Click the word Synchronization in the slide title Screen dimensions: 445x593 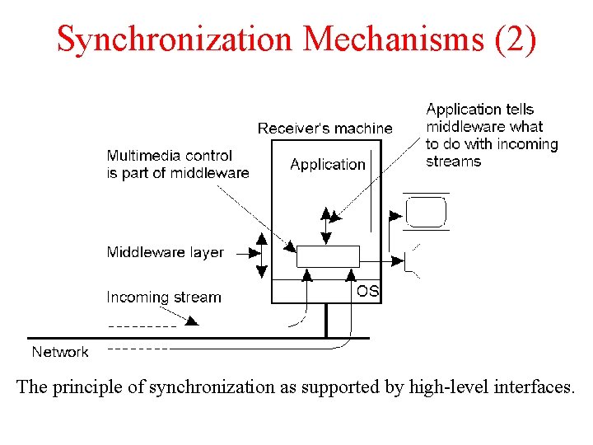click(174, 39)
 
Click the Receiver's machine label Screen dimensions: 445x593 click(325, 129)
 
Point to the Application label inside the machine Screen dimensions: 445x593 click(327, 164)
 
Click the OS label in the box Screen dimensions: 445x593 click(367, 291)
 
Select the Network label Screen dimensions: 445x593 click(60, 352)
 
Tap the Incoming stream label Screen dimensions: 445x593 click(164, 297)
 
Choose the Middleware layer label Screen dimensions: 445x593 click(165, 252)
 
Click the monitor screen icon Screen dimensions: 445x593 click(426, 212)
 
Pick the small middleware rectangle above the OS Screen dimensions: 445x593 click(327, 255)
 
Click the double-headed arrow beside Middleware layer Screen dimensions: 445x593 click(261, 255)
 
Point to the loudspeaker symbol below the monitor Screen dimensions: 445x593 click(409, 260)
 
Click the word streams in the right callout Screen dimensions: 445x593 click(454, 162)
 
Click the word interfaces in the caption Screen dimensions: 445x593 click(531, 386)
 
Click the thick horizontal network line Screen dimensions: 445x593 click(198, 338)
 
